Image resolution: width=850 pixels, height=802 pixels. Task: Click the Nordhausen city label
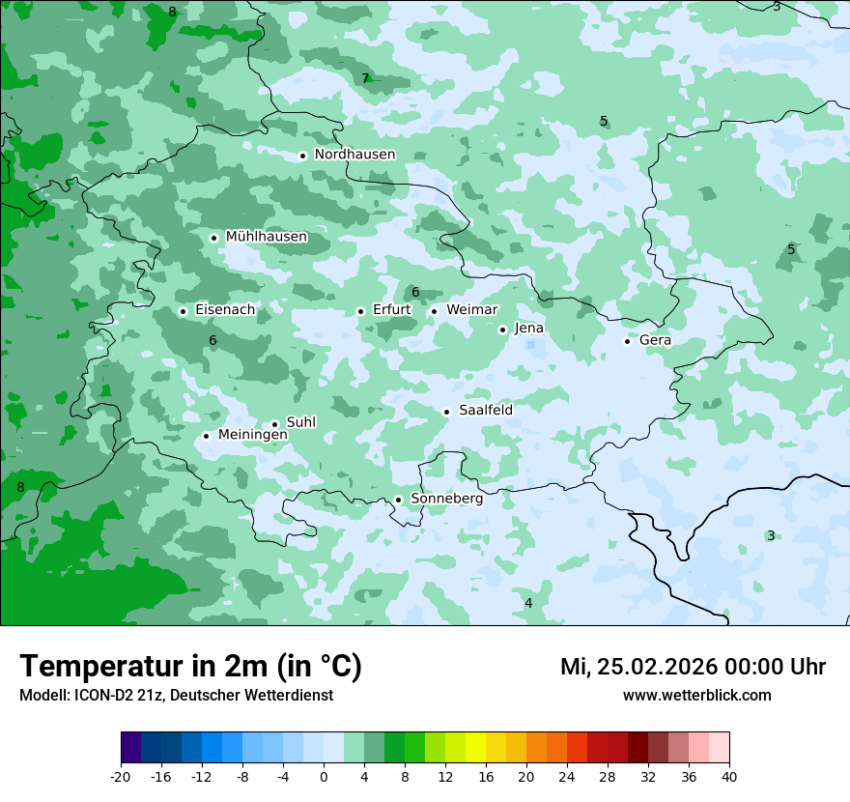point(354,155)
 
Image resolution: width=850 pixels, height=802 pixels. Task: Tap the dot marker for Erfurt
point(360,311)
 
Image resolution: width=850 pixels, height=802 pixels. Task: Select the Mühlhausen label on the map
point(266,237)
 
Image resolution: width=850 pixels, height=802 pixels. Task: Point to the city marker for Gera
point(627,341)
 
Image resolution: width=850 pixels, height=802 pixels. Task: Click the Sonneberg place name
point(446,499)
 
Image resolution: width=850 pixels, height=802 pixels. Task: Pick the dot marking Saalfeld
point(447,412)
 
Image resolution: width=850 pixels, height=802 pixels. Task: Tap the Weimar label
point(471,309)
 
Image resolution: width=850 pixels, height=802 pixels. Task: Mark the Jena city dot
point(502,329)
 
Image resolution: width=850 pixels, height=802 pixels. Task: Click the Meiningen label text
point(252,435)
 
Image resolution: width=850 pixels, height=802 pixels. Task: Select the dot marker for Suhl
point(274,424)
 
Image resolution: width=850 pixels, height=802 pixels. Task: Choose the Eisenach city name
point(225,310)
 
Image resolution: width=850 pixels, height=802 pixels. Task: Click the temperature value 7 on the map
point(365,78)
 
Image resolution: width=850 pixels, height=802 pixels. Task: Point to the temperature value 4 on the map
point(528,603)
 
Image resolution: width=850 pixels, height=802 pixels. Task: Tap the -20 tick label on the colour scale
point(121,776)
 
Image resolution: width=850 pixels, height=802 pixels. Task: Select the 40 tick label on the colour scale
point(729,776)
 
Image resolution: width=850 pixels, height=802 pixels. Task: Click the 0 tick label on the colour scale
point(324,776)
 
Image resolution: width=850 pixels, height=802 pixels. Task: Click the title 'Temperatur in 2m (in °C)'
point(190,667)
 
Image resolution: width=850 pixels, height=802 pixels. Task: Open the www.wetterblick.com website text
point(696,695)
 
